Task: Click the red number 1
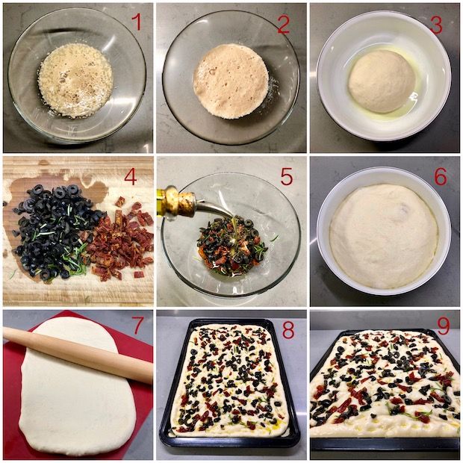pyautogui.click(x=136, y=22)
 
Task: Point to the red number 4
pyautogui.click(x=130, y=177)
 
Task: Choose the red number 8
pyautogui.click(x=288, y=330)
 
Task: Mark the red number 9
pyautogui.click(x=443, y=326)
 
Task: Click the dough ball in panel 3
pyautogui.click(x=382, y=81)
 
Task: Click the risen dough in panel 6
pyautogui.click(x=384, y=236)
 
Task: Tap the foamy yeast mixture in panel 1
pyautogui.click(x=75, y=81)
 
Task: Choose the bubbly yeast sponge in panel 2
pyautogui.click(x=231, y=81)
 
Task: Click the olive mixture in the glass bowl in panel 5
pyautogui.click(x=232, y=246)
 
